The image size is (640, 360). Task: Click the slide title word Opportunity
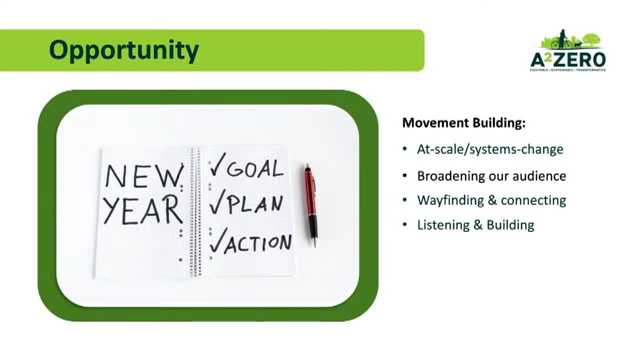pos(124,50)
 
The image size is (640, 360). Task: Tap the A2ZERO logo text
pos(567,59)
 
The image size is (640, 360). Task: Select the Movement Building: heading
pos(463,123)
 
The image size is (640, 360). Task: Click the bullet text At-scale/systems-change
pos(490,149)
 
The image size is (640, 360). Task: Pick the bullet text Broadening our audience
pos(491,176)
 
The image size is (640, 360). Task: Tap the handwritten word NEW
pos(144,177)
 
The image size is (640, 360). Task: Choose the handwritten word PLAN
pos(255,203)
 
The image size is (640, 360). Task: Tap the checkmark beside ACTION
pos(218,240)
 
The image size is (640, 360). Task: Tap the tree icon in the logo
pos(592,39)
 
